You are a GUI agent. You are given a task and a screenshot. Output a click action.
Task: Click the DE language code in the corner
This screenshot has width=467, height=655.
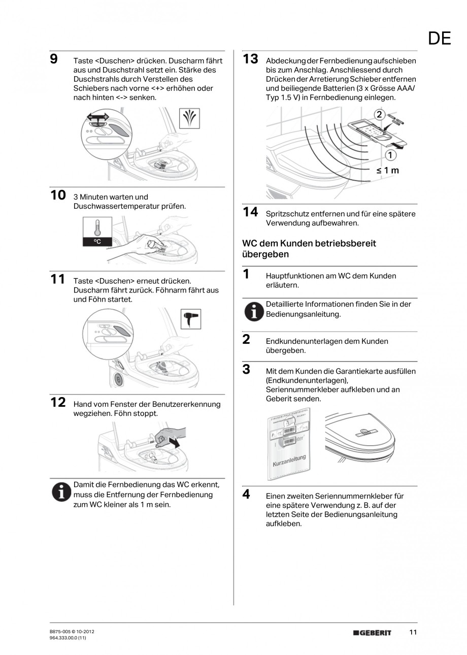point(439,39)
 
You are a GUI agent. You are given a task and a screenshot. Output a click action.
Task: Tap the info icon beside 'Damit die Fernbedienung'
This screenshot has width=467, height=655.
point(61,492)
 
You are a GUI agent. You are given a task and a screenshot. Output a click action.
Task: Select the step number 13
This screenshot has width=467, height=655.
point(250,59)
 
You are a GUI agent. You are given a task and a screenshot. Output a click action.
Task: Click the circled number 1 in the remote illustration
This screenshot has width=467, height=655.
point(390,155)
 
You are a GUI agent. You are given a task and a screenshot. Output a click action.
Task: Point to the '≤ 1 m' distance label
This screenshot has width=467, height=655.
point(387,171)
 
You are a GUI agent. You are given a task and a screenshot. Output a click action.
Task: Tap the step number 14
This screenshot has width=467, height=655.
point(250,212)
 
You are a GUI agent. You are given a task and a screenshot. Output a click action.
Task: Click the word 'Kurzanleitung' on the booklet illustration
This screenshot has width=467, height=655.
point(289,461)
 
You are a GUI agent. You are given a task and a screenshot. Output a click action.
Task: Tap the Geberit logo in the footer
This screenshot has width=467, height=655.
point(372,633)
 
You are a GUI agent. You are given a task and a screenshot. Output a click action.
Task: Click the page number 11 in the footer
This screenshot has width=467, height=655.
point(413,632)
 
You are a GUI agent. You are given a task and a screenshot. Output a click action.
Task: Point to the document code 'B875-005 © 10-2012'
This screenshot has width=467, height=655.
point(69,631)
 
